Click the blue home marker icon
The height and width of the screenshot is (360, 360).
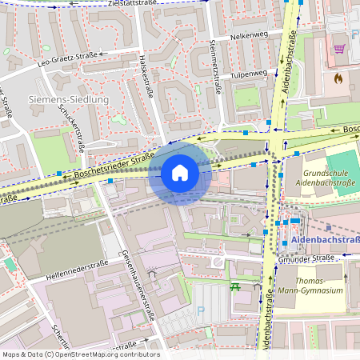(x=180, y=172)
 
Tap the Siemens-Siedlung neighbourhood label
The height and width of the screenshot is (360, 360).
(x=67, y=99)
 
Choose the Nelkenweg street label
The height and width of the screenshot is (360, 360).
(x=247, y=36)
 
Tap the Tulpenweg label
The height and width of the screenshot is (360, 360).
(x=249, y=74)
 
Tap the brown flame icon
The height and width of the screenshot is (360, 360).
(x=338, y=79)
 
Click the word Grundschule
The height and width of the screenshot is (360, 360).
(x=326, y=173)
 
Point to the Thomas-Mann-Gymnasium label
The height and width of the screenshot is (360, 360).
(x=318, y=286)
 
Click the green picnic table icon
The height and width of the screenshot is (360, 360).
(x=235, y=286)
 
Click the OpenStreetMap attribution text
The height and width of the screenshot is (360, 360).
(x=80, y=354)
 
